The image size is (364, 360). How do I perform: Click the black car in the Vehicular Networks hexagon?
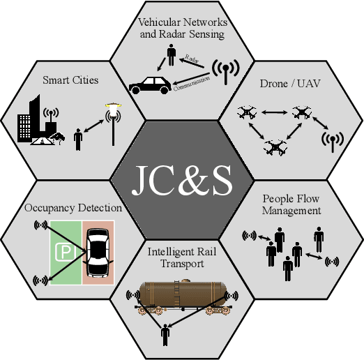[x=150, y=84]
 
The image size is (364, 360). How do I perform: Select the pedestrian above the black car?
[x=170, y=54]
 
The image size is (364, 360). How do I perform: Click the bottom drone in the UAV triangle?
[x=273, y=147]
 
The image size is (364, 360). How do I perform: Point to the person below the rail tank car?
[x=165, y=335]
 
